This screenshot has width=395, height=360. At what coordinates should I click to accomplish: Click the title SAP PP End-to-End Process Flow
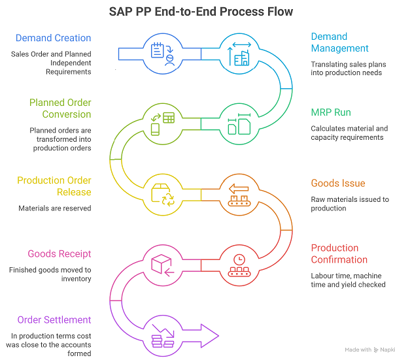tap(197, 12)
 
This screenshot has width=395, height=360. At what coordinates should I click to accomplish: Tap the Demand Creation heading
tap(53, 38)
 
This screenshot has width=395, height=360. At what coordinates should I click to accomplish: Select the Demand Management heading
tap(339, 42)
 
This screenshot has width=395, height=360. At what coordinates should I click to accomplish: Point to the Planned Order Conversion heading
tap(60, 108)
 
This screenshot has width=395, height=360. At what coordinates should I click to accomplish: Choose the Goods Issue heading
tap(337, 184)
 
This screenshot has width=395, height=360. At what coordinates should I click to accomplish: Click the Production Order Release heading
tap(54, 186)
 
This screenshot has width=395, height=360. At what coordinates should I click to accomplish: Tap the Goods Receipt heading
tap(59, 254)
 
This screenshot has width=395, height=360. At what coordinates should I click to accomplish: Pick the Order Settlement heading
tap(54, 319)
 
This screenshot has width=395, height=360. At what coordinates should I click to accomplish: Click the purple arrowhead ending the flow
tap(209, 335)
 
